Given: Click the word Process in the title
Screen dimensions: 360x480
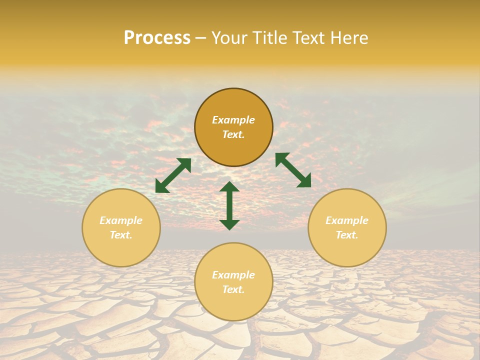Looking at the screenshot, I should pyautogui.click(x=157, y=38).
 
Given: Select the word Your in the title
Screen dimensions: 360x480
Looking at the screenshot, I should pyautogui.click(x=229, y=38).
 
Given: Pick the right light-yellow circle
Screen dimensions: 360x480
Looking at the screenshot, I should pyautogui.click(x=347, y=247).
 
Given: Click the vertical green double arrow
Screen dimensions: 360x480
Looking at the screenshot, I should pyautogui.click(x=229, y=205).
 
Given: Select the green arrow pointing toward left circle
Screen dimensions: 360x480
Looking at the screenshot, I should pyautogui.click(x=173, y=175).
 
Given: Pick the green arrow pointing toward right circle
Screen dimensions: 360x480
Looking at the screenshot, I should pyautogui.click(x=293, y=170).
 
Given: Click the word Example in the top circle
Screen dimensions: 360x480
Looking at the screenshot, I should pyautogui.click(x=233, y=120).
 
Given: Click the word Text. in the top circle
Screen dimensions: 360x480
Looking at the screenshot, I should pyautogui.click(x=233, y=134).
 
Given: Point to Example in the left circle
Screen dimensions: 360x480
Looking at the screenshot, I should pyautogui.click(x=121, y=220).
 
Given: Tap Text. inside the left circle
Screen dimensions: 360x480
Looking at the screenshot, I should pyautogui.click(x=121, y=235).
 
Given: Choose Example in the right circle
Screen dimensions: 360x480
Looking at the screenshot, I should pyautogui.click(x=347, y=220).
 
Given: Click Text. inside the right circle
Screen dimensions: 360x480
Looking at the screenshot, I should pyautogui.click(x=347, y=235).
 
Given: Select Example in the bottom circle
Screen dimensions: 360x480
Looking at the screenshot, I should pyautogui.click(x=233, y=275).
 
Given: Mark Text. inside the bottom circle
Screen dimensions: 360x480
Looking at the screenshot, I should pyautogui.click(x=233, y=289).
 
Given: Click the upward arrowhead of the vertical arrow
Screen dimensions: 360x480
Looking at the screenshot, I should pyautogui.click(x=229, y=187).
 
